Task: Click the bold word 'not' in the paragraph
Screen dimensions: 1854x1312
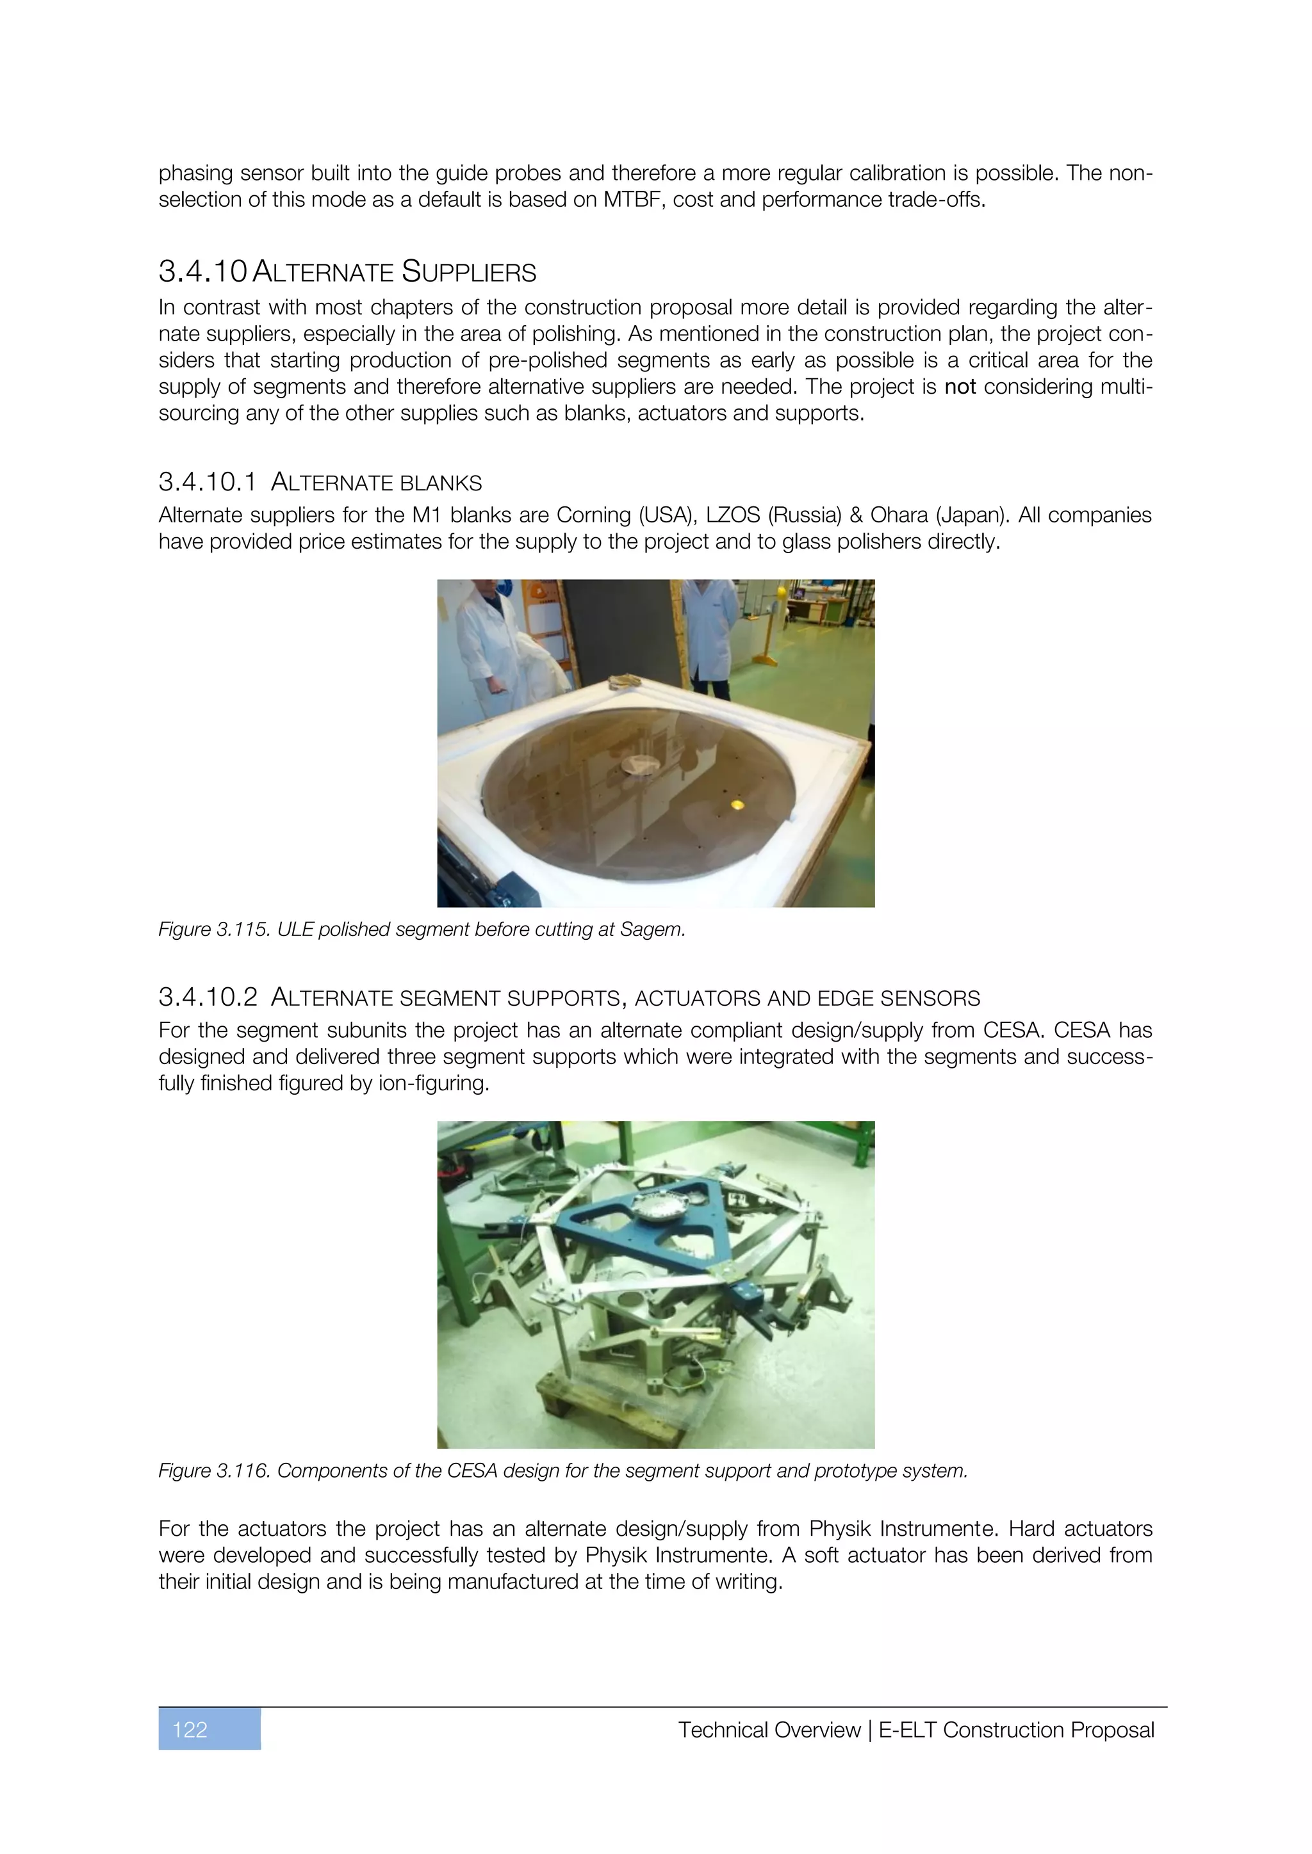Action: point(960,387)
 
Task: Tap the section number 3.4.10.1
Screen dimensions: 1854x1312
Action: point(208,483)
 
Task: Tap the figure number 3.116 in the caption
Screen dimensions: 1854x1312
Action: point(242,1471)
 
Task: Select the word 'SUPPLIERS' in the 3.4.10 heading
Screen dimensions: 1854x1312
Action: point(468,273)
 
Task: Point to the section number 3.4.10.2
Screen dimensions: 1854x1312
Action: point(208,998)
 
